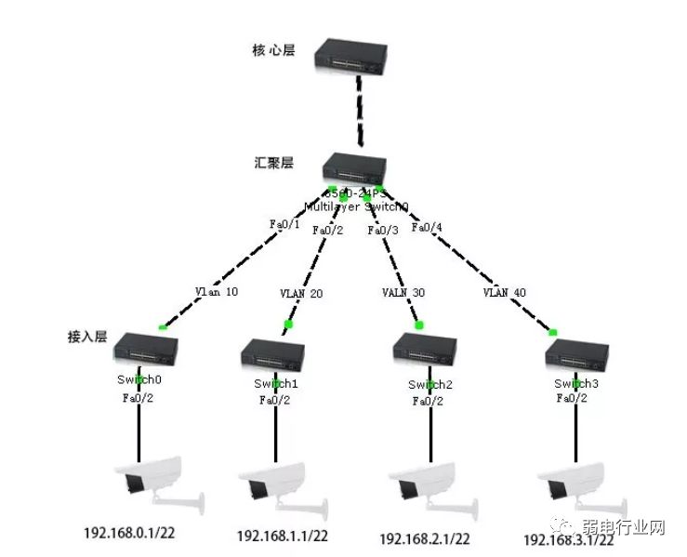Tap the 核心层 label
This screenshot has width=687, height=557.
click(273, 50)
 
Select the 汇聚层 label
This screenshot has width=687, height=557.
click(274, 163)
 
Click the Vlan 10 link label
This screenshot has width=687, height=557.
click(217, 291)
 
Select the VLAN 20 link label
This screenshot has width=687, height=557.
click(301, 293)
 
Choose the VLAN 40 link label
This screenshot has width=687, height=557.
click(504, 292)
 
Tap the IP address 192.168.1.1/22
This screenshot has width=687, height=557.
click(282, 536)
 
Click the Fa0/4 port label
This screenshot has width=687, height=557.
click(427, 228)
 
